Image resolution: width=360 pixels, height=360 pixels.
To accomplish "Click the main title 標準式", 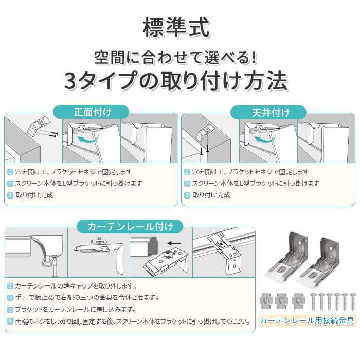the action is [176, 28].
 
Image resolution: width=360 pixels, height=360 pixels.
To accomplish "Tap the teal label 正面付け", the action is [93, 112].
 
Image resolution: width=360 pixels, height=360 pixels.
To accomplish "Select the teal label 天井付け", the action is [271, 113].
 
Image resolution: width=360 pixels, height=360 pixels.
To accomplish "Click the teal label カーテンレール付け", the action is [130, 227].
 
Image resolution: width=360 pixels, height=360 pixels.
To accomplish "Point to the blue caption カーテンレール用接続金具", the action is [307, 320].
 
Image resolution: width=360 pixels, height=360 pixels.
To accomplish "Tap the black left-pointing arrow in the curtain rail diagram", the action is [174, 243].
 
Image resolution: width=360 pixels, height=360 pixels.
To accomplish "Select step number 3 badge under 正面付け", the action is [10, 195].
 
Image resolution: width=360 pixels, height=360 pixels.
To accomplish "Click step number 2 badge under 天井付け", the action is [187, 184].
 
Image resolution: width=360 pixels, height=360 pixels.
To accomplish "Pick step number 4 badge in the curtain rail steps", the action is [10, 321].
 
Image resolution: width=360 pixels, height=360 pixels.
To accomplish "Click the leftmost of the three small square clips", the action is [266, 300].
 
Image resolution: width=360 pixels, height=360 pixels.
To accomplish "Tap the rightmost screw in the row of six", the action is [353, 302].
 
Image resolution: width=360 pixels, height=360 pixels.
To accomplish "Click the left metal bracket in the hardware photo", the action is [287, 257].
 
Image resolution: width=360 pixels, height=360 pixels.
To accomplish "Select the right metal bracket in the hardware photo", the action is [318, 262].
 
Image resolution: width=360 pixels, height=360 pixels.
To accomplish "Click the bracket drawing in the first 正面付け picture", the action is [39, 126].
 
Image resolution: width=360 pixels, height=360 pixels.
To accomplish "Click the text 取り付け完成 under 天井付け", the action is [211, 195].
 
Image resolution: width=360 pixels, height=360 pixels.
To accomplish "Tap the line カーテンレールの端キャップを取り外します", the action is [76, 286].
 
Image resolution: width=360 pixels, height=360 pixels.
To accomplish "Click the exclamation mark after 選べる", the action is [254, 58].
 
